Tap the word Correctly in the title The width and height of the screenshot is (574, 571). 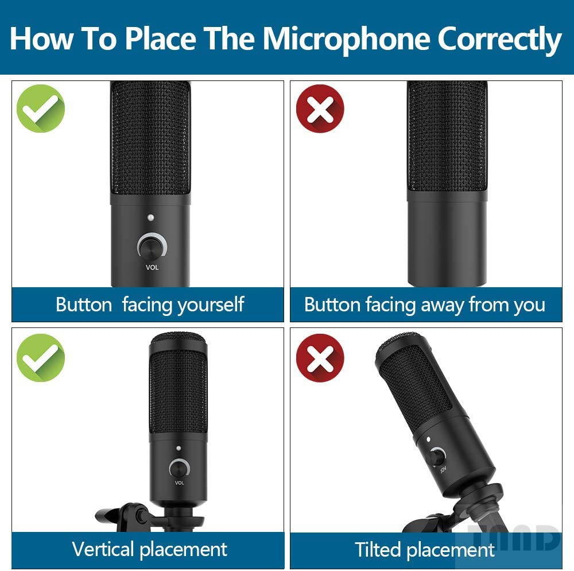[x=499, y=39]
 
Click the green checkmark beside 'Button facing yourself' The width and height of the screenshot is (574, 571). [x=41, y=109]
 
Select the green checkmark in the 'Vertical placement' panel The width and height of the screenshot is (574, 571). [x=41, y=357]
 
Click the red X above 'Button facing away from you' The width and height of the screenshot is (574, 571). [x=320, y=109]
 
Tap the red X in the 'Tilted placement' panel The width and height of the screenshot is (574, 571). [x=320, y=357]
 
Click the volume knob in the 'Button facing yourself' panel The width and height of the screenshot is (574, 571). [x=152, y=247]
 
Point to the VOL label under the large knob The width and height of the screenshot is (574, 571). [x=152, y=268]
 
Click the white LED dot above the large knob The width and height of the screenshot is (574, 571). [x=151, y=218]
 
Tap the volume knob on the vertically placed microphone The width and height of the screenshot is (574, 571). [x=179, y=468]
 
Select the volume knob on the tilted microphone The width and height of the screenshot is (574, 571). [x=437, y=457]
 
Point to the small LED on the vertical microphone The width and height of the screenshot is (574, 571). [x=179, y=448]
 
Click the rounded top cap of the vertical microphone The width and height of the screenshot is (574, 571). [x=179, y=340]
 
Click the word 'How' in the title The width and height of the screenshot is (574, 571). [x=41, y=38]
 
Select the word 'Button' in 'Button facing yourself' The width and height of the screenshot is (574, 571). [x=84, y=304]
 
